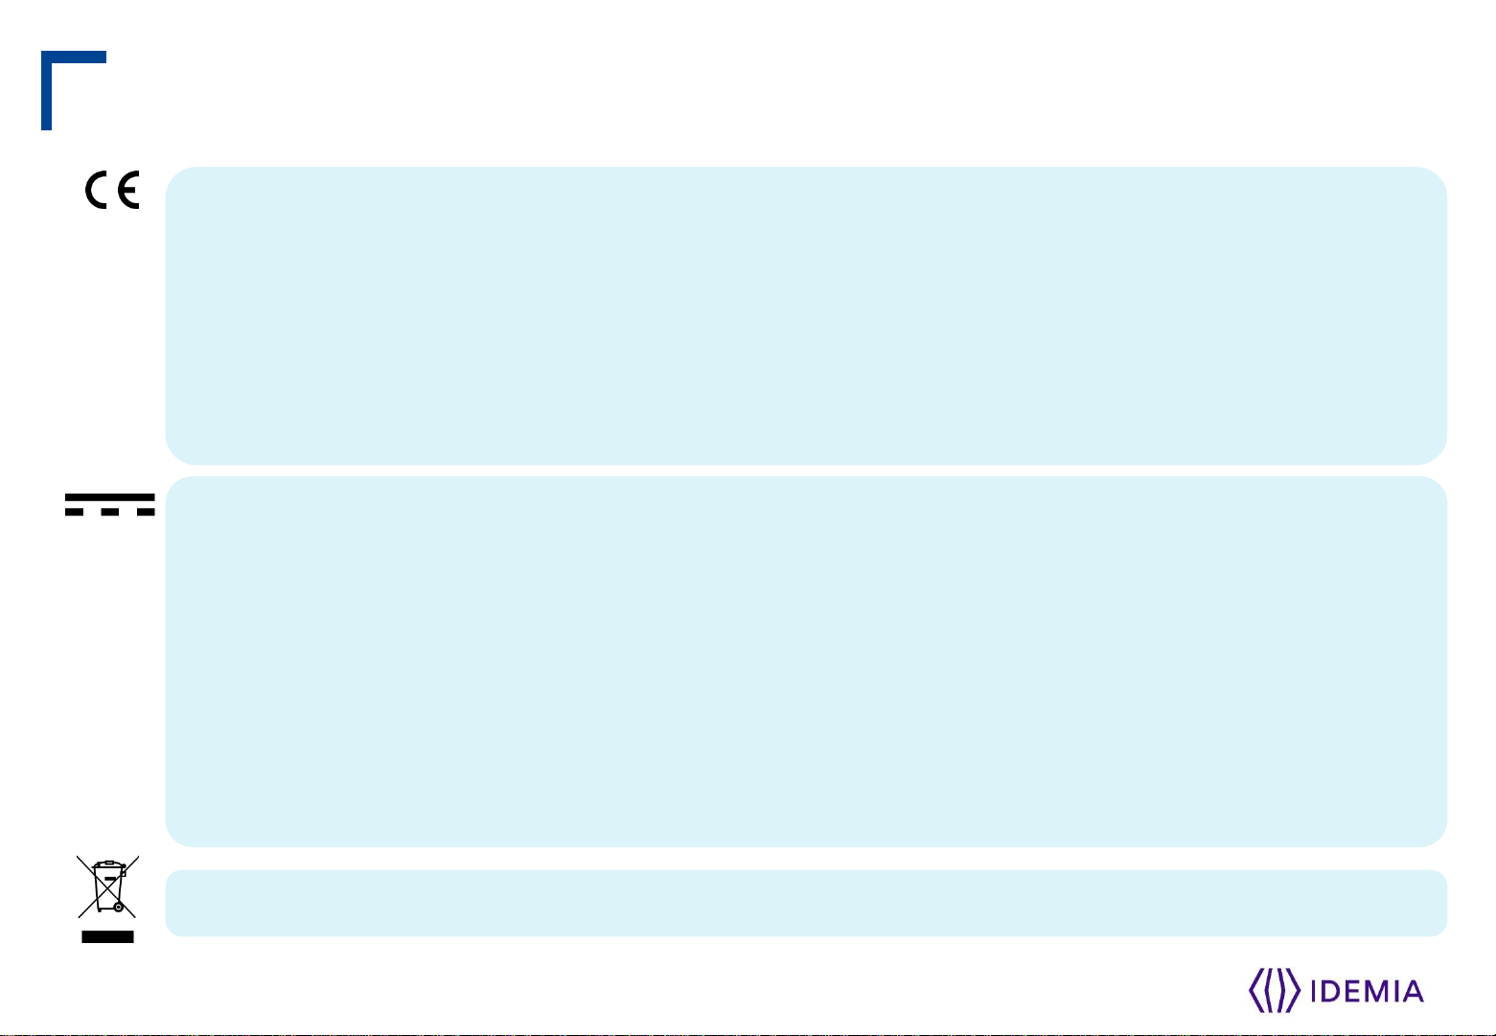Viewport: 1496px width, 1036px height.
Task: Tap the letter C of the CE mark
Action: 99,191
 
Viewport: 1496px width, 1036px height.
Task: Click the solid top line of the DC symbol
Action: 109,497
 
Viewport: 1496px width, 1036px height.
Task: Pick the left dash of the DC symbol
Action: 76,513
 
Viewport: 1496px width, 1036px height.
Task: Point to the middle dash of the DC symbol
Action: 109,513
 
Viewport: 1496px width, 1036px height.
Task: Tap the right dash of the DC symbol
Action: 144,513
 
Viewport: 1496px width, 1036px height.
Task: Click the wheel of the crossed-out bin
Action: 118,906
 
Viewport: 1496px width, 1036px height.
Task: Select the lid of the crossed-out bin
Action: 106,865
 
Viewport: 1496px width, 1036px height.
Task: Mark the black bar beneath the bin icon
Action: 107,936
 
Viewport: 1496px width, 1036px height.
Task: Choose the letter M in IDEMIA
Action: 1376,991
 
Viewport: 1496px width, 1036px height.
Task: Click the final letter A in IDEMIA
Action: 1413,991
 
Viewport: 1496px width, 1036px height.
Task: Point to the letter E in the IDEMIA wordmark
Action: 1351,991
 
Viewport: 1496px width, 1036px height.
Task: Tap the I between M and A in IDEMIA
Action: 1395,991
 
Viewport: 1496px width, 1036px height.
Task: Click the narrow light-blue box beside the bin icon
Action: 805,903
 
